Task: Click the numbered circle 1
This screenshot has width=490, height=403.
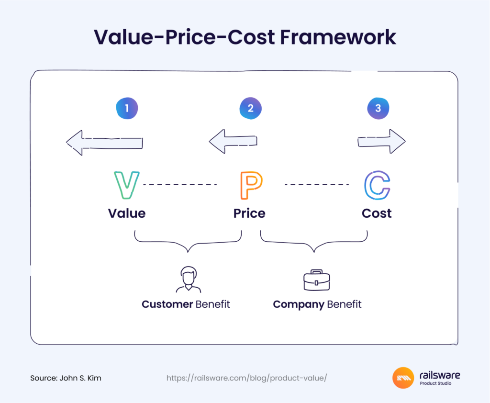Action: [127, 109]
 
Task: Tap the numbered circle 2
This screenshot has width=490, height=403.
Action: [251, 109]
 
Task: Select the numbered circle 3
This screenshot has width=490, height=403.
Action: [378, 109]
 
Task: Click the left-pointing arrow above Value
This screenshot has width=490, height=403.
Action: [104, 143]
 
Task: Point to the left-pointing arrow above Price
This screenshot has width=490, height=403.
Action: [233, 141]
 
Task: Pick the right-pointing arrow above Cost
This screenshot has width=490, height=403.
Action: [381, 141]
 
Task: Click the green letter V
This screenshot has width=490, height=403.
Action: [126, 185]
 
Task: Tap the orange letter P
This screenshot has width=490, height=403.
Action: [251, 185]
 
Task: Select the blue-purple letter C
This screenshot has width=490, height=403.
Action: [377, 185]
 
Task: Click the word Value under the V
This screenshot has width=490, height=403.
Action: [127, 213]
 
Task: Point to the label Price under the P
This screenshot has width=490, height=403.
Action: [249, 213]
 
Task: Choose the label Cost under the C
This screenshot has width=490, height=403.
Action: [377, 213]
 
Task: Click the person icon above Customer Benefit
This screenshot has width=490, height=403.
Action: [189, 280]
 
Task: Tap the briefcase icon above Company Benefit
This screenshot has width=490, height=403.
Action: [317, 280]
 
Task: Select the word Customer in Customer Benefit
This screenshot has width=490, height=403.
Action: [167, 304]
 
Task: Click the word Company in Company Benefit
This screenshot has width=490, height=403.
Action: [299, 304]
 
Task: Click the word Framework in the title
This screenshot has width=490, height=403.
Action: [338, 37]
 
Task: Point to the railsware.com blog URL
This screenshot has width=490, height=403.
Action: [246, 378]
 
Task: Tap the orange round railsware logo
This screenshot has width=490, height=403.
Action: [403, 378]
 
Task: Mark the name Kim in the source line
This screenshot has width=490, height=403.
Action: [94, 378]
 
